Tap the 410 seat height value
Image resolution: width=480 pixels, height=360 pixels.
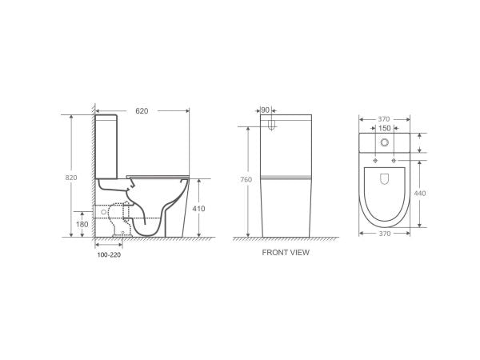[x=200, y=209]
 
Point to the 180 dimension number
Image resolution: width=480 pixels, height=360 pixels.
[x=82, y=225]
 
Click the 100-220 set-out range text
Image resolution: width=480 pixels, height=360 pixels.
[x=109, y=255]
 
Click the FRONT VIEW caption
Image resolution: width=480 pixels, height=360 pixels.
[x=286, y=252]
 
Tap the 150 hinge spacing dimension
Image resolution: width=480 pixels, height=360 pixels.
[x=385, y=127]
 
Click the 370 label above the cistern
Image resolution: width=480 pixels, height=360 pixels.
[x=385, y=116]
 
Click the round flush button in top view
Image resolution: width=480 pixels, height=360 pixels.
[x=385, y=143]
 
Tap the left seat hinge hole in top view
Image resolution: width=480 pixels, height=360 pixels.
[x=376, y=161]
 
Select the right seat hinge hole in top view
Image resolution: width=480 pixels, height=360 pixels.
[x=394, y=161]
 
